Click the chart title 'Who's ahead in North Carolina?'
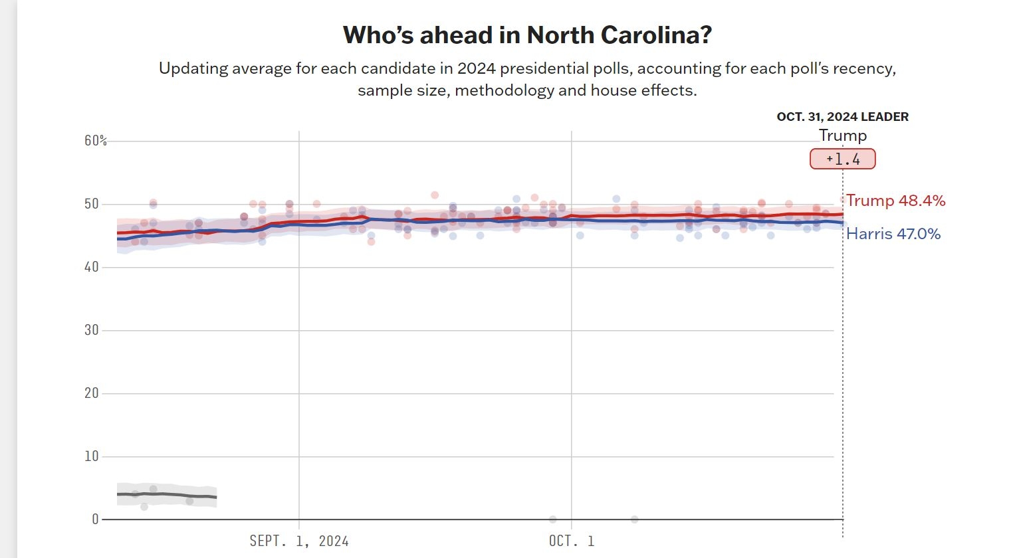(527, 35)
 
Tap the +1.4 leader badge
(842, 159)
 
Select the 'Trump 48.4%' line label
(895, 201)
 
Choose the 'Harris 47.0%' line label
(893, 234)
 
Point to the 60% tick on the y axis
(95, 141)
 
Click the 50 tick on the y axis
(91, 204)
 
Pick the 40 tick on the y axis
(91, 267)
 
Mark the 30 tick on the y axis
(91, 330)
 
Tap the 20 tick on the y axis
(91, 393)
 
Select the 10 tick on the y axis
(91, 456)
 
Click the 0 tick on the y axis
(95, 519)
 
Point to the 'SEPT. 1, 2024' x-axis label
(299, 541)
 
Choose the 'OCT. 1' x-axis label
(572, 541)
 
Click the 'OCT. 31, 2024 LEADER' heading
(842, 117)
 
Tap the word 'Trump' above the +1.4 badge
(842, 136)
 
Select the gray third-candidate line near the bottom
(166, 495)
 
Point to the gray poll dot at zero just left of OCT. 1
(552, 519)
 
